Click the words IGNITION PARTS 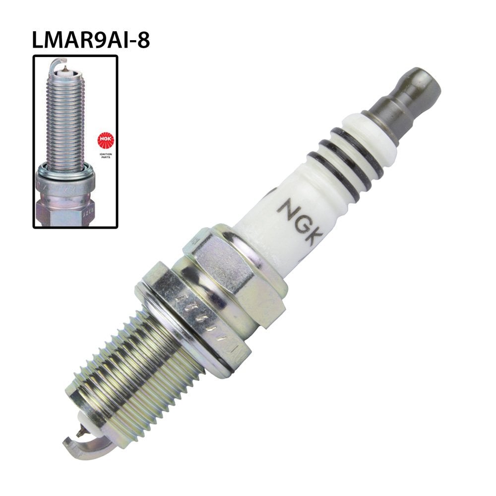[x=105, y=155]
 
